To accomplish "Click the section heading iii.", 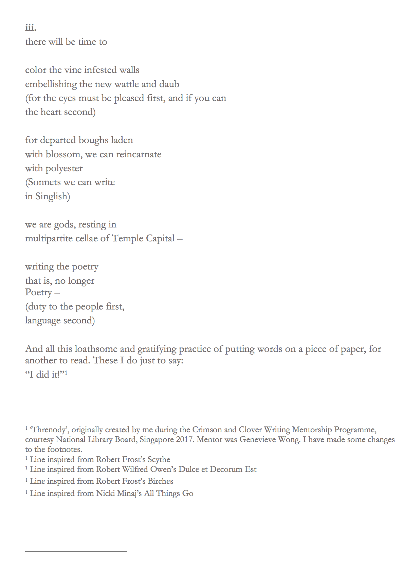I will pos(31,27).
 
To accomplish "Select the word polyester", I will pos(64,168).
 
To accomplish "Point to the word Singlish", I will pos(53,197).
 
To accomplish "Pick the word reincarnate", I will pos(139,155).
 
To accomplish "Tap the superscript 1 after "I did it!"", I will pos(66,373).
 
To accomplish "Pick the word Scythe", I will pos(159,460).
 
